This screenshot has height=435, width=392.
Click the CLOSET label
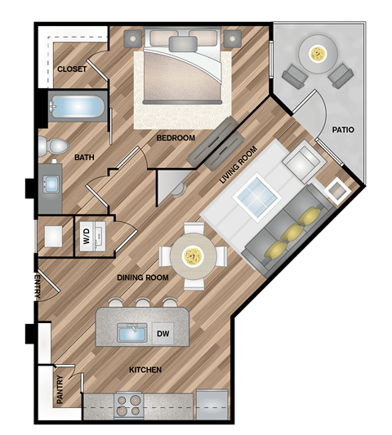point(72,69)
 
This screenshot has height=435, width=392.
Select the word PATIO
point(342,130)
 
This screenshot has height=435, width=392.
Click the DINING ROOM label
point(142,277)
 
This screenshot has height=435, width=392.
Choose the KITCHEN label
point(145,370)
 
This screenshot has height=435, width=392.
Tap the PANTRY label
point(60,389)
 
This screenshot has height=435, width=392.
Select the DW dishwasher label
point(163,333)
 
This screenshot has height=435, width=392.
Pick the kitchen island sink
point(132,332)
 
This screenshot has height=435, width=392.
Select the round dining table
point(194,255)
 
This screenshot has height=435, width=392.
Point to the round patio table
point(315,54)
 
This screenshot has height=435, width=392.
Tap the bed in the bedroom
point(182,69)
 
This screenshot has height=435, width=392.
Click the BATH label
point(84,157)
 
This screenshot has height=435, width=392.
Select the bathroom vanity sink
point(51,184)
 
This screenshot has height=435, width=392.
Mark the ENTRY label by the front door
point(37,286)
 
